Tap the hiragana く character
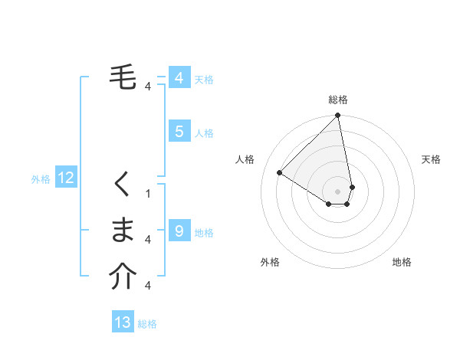click(x=123, y=185)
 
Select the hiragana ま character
click(x=123, y=230)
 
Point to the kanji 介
click(x=123, y=277)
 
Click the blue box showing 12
click(x=65, y=178)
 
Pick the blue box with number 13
click(x=123, y=322)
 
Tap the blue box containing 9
click(x=179, y=231)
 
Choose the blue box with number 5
click(x=179, y=132)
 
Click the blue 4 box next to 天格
click(x=179, y=78)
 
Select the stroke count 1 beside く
click(x=148, y=194)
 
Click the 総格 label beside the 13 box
click(x=147, y=324)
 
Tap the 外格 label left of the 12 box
click(x=41, y=179)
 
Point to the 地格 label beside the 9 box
click(x=204, y=233)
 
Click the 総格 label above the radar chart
click(x=338, y=100)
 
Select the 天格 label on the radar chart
click(x=431, y=159)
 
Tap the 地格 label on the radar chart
click(x=402, y=262)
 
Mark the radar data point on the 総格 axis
click(x=338, y=116)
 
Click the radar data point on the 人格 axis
click(x=280, y=172)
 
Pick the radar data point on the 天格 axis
click(x=353, y=187)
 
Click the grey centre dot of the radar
click(x=338, y=191)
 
